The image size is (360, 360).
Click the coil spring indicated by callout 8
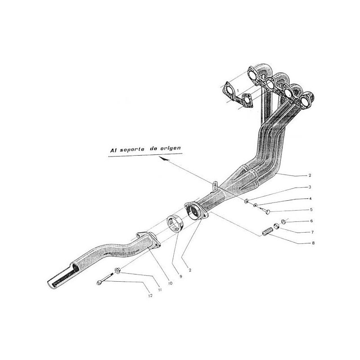click(268, 232)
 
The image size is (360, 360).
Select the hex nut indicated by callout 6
click(284, 221)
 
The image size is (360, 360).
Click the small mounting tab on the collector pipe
click(216, 184)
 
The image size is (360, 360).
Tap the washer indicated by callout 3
click(247, 201)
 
